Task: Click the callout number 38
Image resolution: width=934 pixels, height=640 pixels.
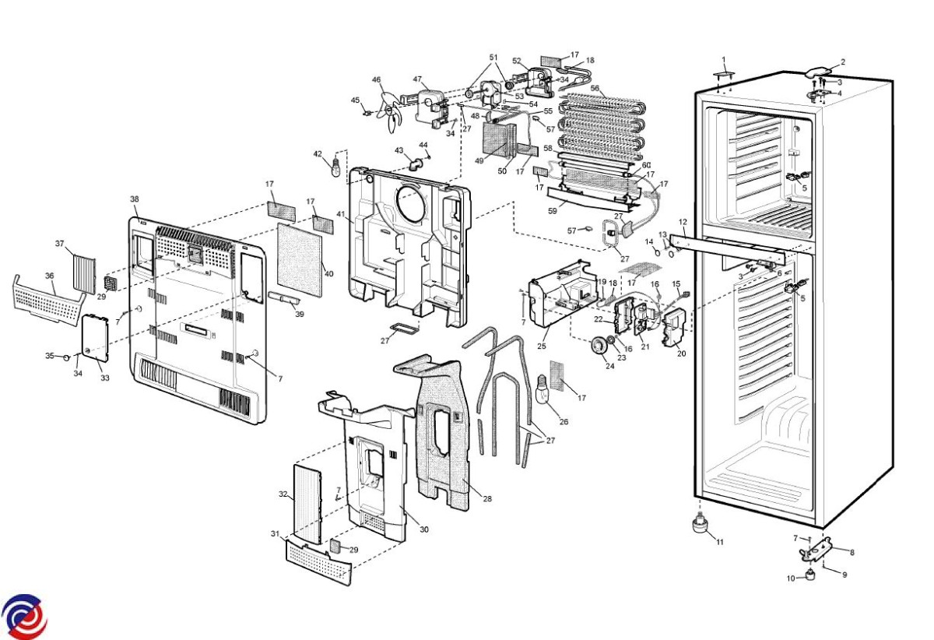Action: (x=134, y=199)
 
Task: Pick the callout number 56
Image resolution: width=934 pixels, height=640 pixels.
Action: (x=595, y=89)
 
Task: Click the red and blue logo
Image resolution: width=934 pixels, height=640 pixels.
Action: (x=23, y=617)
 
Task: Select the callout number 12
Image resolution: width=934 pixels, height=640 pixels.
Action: (x=683, y=223)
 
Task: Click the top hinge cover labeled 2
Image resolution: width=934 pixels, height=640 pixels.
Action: (x=817, y=71)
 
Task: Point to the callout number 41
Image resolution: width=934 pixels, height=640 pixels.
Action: (x=340, y=214)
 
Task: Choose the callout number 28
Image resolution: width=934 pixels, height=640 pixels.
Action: (x=487, y=499)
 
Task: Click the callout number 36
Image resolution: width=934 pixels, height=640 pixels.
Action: (x=49, y=276)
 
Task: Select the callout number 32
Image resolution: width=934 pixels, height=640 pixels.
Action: (x=283, y=494)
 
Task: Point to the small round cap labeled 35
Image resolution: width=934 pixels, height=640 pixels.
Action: (x=67, y=357)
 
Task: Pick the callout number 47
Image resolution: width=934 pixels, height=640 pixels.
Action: (x=417, y=79)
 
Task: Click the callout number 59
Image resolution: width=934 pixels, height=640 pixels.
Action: (x=551, y=209)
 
